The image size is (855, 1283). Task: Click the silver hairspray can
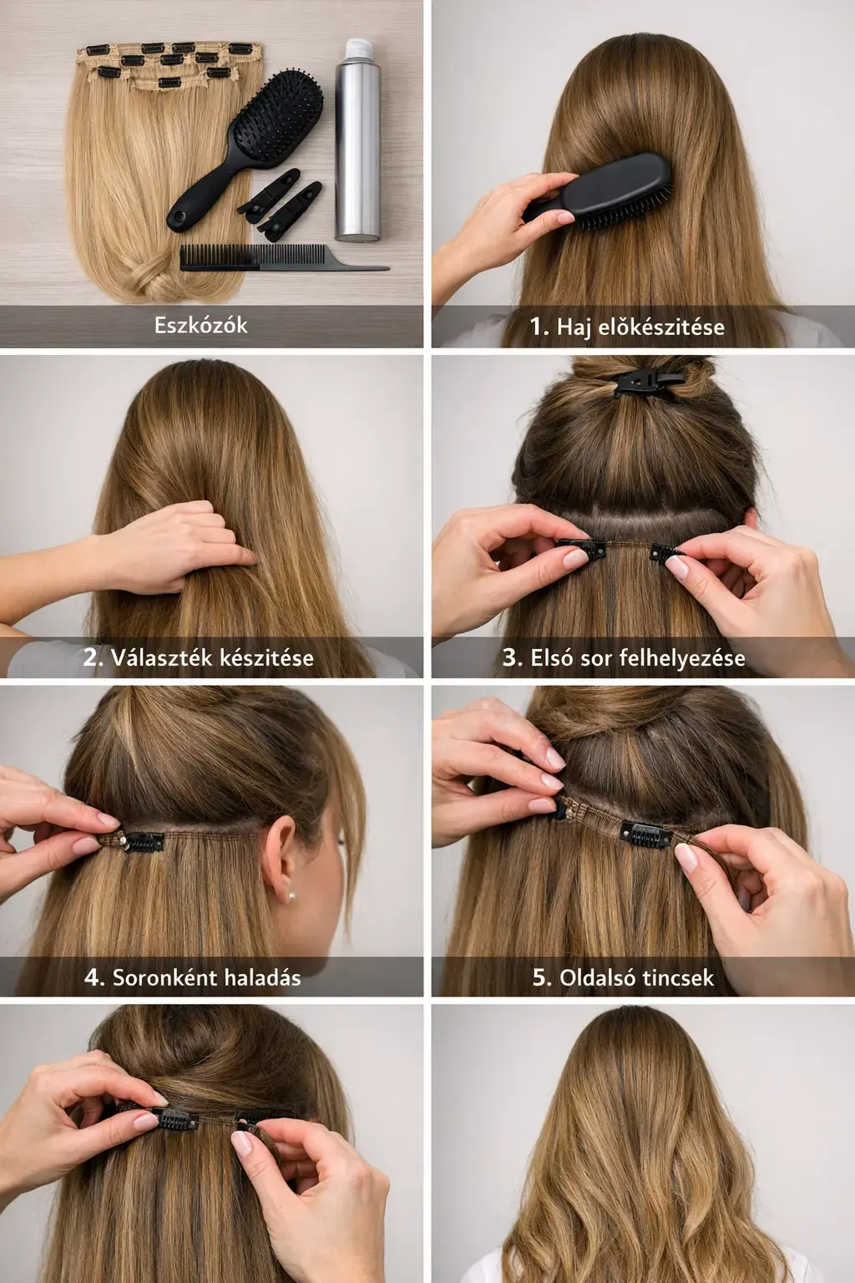coord(357,140)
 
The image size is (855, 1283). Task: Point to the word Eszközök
coord(201,325)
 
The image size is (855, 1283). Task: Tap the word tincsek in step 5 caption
coord(677,978)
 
